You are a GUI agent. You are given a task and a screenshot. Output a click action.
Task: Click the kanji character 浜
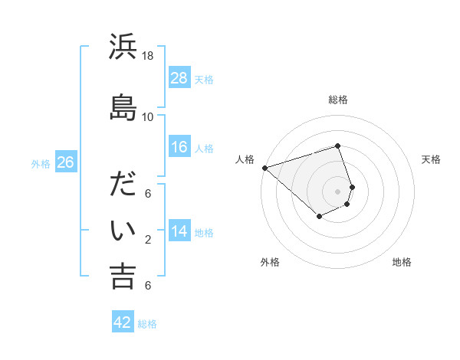tap(123, 48)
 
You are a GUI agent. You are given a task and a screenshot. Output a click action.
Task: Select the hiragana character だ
tap(123, 184)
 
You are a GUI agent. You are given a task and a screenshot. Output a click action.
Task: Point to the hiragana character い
tap(123, 230)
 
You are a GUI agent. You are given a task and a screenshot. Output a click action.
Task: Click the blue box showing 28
tap(179, 78)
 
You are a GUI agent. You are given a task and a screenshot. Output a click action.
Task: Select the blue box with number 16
tap(179, 147)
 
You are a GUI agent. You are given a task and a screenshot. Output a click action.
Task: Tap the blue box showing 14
tap(179, 231)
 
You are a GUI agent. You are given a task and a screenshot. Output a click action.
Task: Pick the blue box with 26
tap(65, 162)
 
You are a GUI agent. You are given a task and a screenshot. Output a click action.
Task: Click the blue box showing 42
tap(123, 322)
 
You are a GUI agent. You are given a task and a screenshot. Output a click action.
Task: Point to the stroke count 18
tap(148, 56)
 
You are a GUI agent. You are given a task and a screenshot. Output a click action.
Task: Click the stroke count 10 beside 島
tap(148, 116)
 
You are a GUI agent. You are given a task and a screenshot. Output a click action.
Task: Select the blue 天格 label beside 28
tap(204, 79)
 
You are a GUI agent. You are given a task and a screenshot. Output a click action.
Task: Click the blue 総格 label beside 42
tap(147, 324)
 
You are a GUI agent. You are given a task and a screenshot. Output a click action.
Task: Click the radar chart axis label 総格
tap(338, 100)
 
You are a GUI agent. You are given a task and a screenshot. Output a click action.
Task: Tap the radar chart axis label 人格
tap(245, 159)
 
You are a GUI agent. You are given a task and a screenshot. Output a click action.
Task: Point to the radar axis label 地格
tap(402, 262)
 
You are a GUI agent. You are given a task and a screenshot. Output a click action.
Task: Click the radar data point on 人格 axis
tap(264, 167)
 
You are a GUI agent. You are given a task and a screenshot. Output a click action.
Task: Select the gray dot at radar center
tap(337, 191)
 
